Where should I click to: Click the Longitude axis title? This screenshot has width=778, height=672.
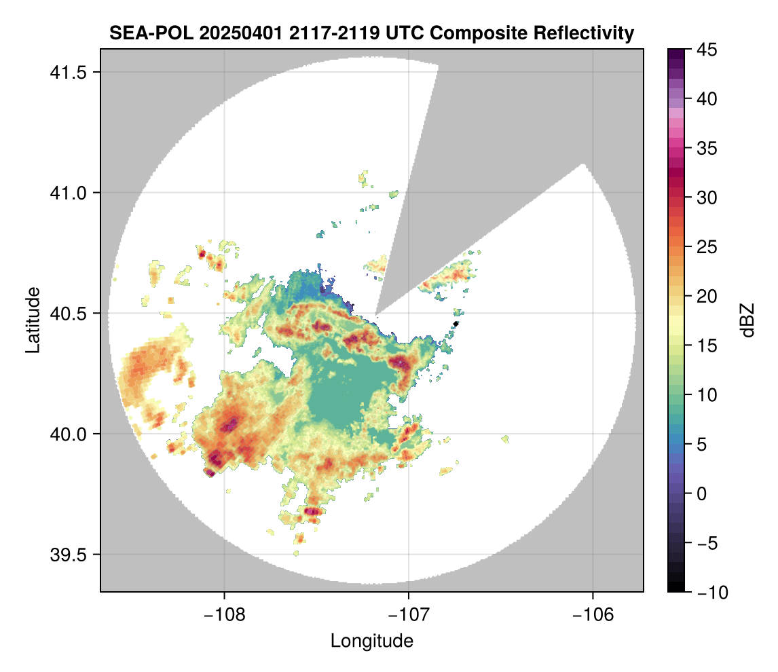pos(371,640)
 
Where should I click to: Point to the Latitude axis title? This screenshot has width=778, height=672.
pos(32,320)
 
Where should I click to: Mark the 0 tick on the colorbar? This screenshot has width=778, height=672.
pos(701,493)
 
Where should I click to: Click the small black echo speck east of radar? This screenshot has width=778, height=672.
pos(456,324)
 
